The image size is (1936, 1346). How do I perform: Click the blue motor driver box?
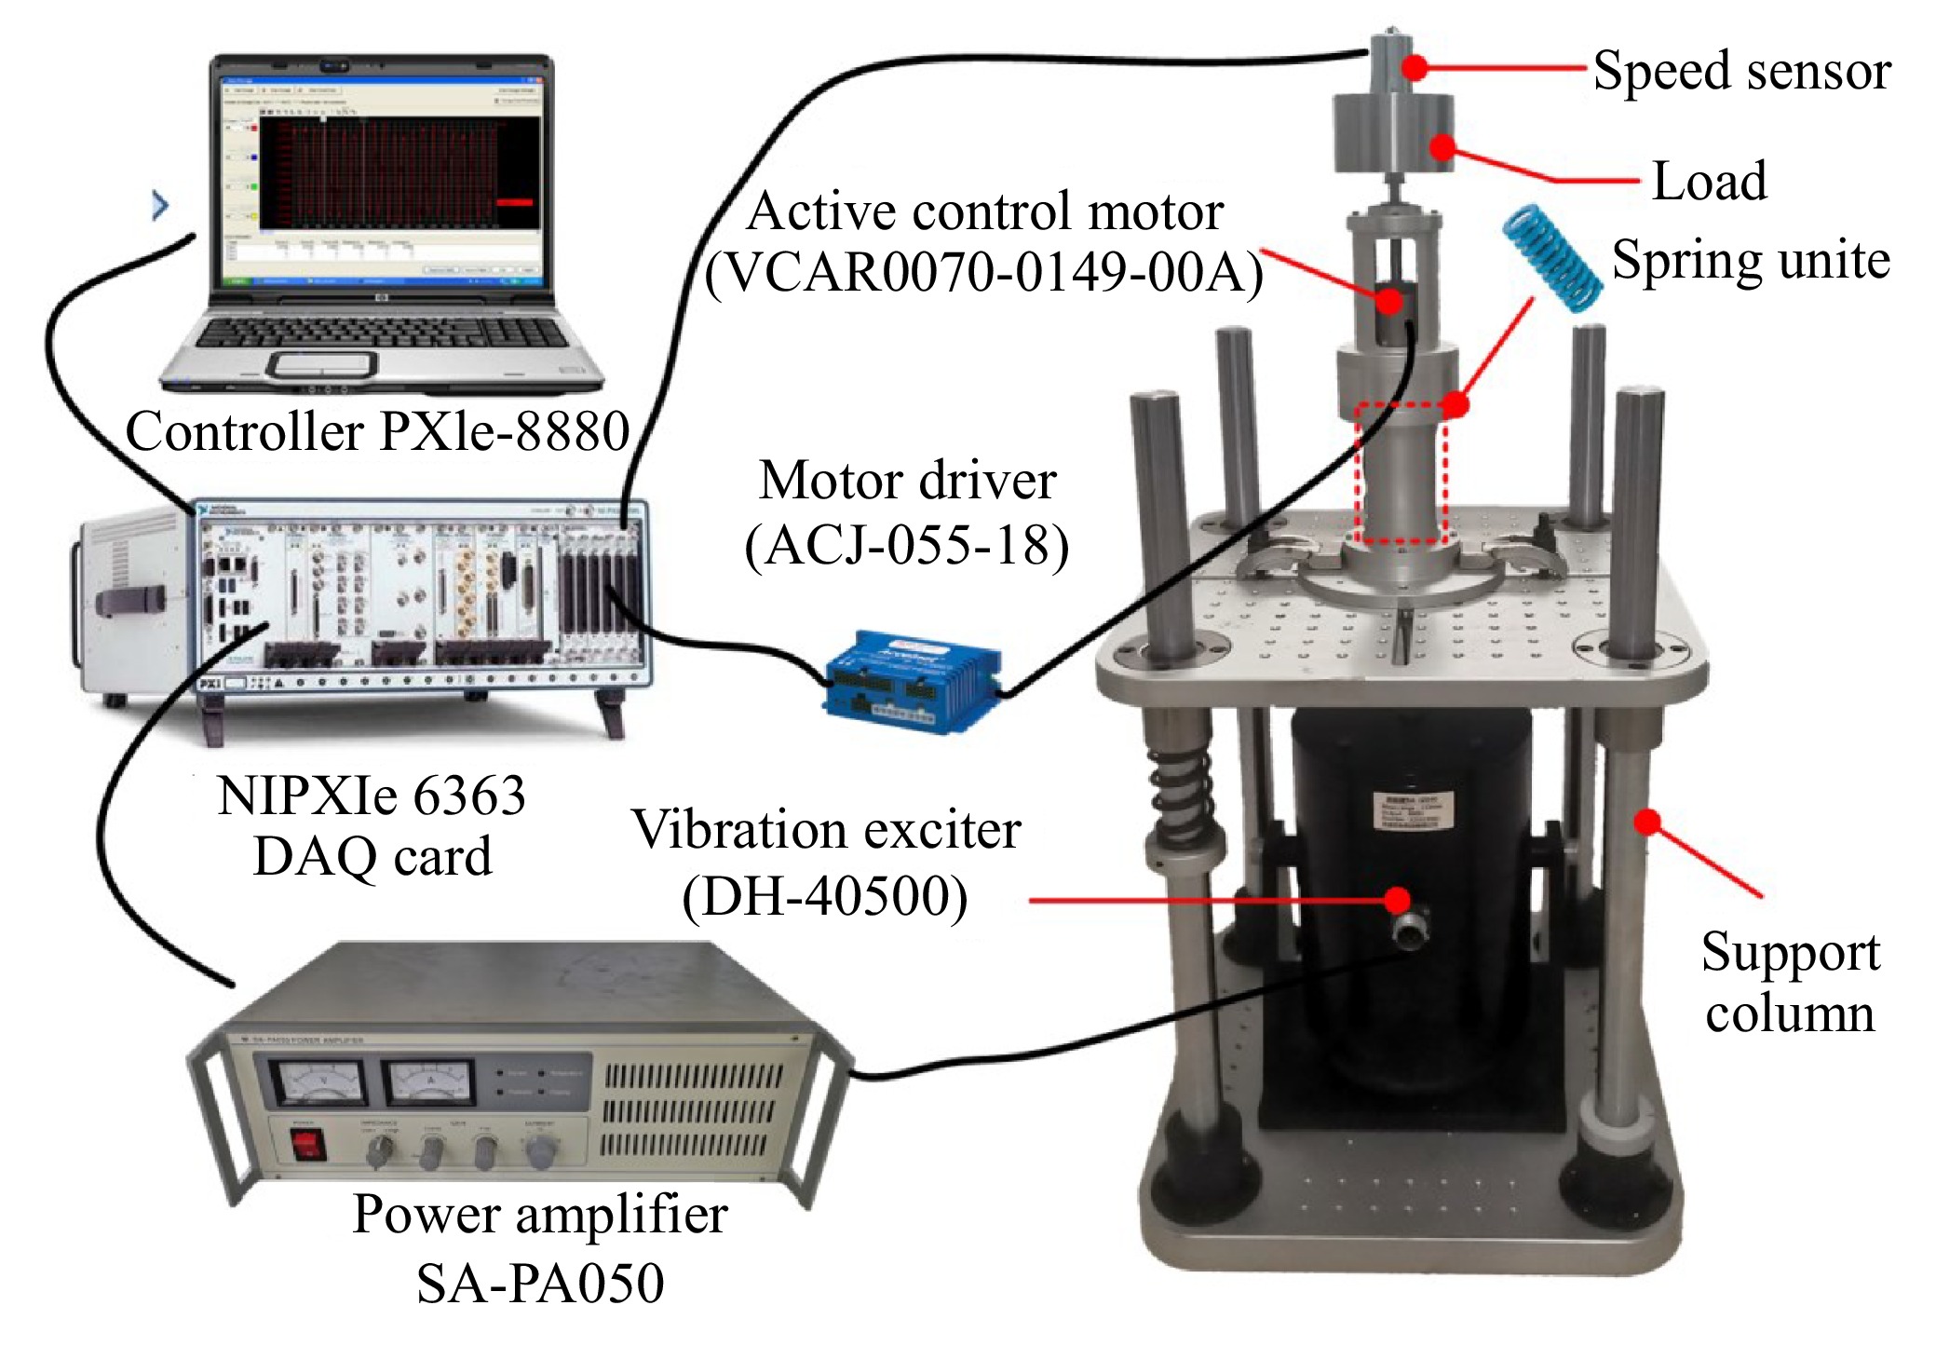pyautogui.click(x=913, y=681)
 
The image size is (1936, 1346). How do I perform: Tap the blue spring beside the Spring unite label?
pyautogui.click(x=1551, y=257)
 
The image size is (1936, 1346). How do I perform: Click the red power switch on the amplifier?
pyautogui.click(x=306, y=1143)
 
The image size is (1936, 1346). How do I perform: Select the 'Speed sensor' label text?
pyautogui.click(x=1741, y=71)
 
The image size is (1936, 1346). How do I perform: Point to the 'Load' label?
pyautogui.click(x=1709, y=181)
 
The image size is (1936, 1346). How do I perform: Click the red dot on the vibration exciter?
pyautogui.click(x=1396, y=899)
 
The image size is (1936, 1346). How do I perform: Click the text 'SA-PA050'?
pyautogui.click(x=540, y=1284)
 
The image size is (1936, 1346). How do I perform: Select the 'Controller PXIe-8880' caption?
pyautogui.click(x=377, y=431)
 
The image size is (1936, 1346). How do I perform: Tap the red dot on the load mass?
pyautogui.click(x=1442, y=147)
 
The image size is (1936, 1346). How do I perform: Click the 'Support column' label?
pyautogui.click(x=1790, y=982)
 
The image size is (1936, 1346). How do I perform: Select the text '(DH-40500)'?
pyautogui.click(x=825, y=897)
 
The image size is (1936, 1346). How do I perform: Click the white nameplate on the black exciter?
pyautogui.click(x=1410, y=808)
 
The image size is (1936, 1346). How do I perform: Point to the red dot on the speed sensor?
pyautogui.click(x=1415, y=67)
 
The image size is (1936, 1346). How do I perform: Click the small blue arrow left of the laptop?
pyautogui.click(x=160, y=205)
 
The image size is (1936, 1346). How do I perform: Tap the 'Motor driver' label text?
pyautogui.click(x=907, y=482)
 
